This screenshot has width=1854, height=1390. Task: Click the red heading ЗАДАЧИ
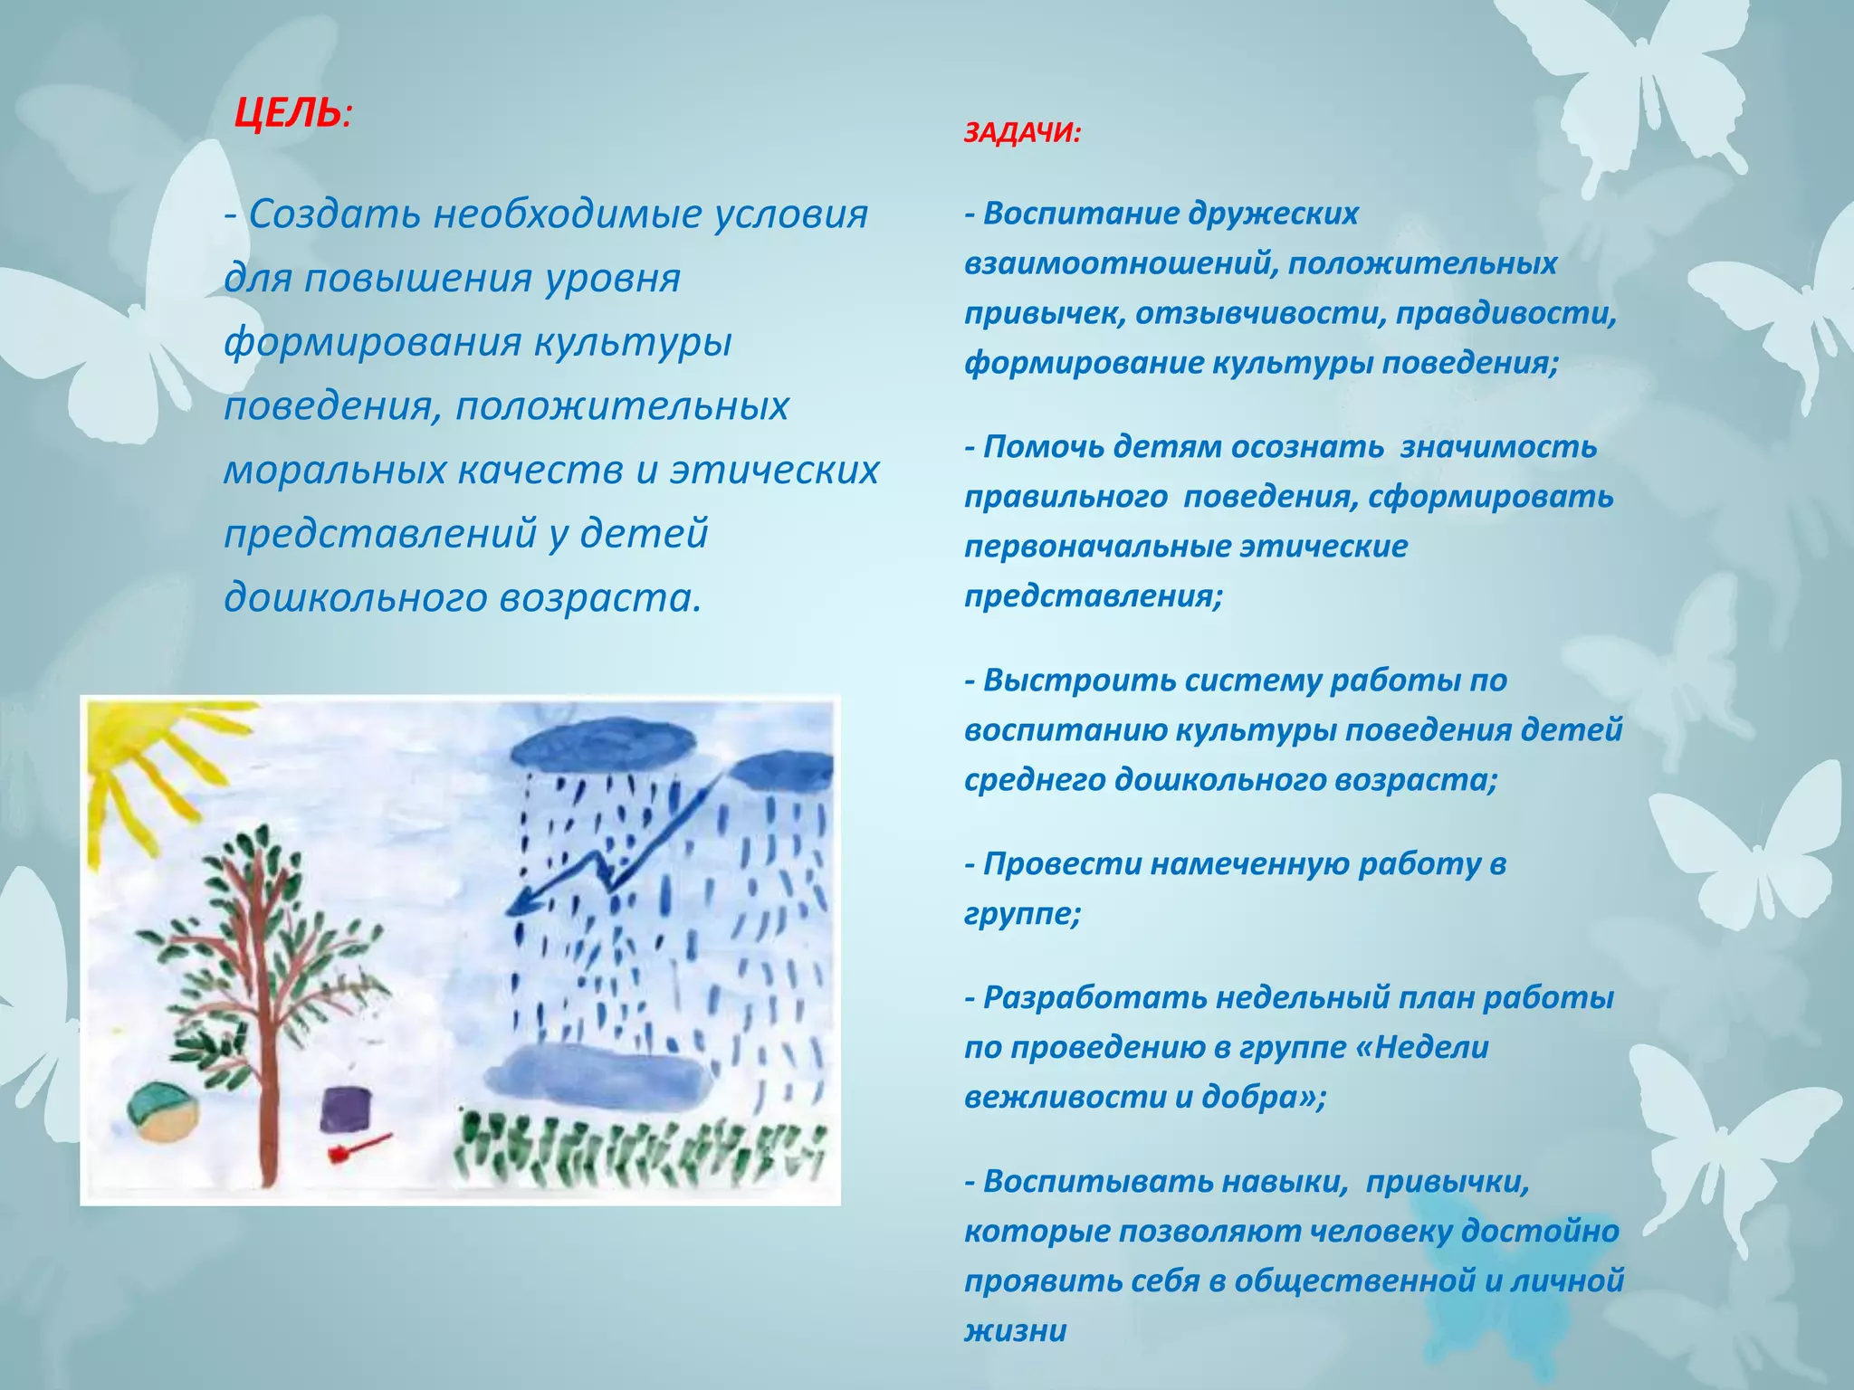1020,134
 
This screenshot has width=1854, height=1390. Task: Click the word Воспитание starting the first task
1076,214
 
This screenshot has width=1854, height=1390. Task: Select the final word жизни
1015,1330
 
